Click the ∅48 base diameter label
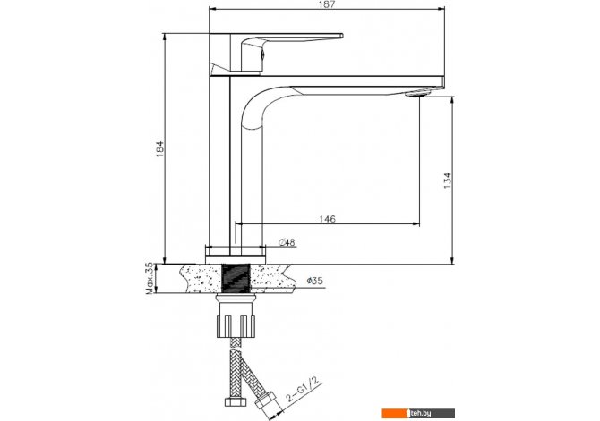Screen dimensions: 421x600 [x=287, y=242]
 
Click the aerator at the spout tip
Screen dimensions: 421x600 [x=417, y=93]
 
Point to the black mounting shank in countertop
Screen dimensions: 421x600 [x=236, y=277]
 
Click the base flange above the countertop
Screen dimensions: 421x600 [x=236, y=254]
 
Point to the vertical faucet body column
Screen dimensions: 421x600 [x=219, y=161]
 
